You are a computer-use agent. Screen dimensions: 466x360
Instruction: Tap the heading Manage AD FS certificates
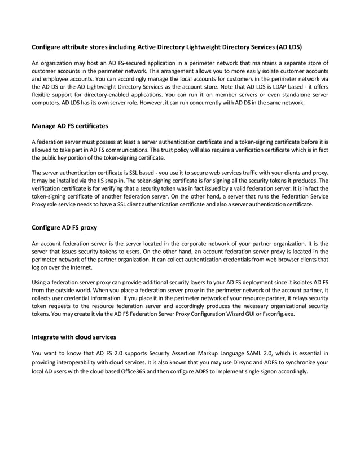pos(69,125)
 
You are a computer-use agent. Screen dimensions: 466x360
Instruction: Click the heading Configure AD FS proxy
pos(64,228)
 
